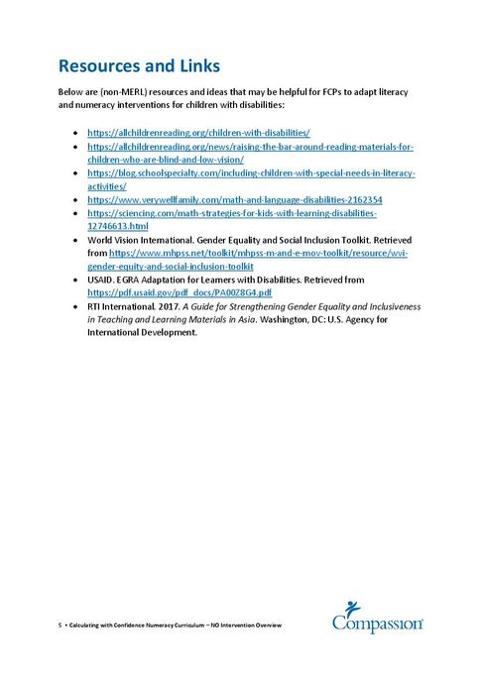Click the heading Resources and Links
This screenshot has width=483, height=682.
tap(139, 66)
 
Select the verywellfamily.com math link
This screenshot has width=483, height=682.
tap(220, 199)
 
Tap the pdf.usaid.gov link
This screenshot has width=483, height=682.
tap(180, 293)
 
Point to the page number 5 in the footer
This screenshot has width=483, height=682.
tap(60, 625)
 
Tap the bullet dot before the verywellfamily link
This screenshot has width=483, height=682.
tap(77, 199)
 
